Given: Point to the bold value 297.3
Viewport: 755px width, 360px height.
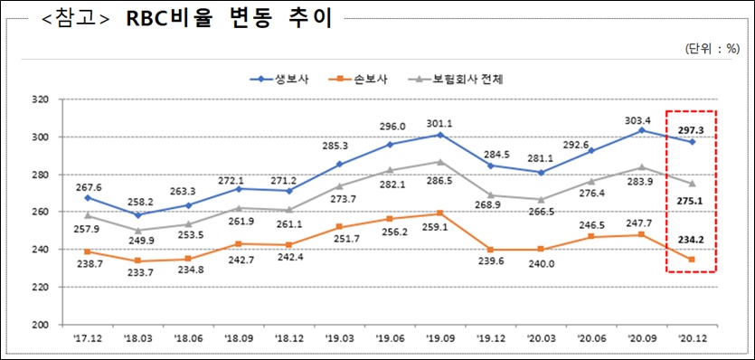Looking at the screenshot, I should [692, 129].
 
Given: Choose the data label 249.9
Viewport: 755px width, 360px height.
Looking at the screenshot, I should [137, 242].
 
